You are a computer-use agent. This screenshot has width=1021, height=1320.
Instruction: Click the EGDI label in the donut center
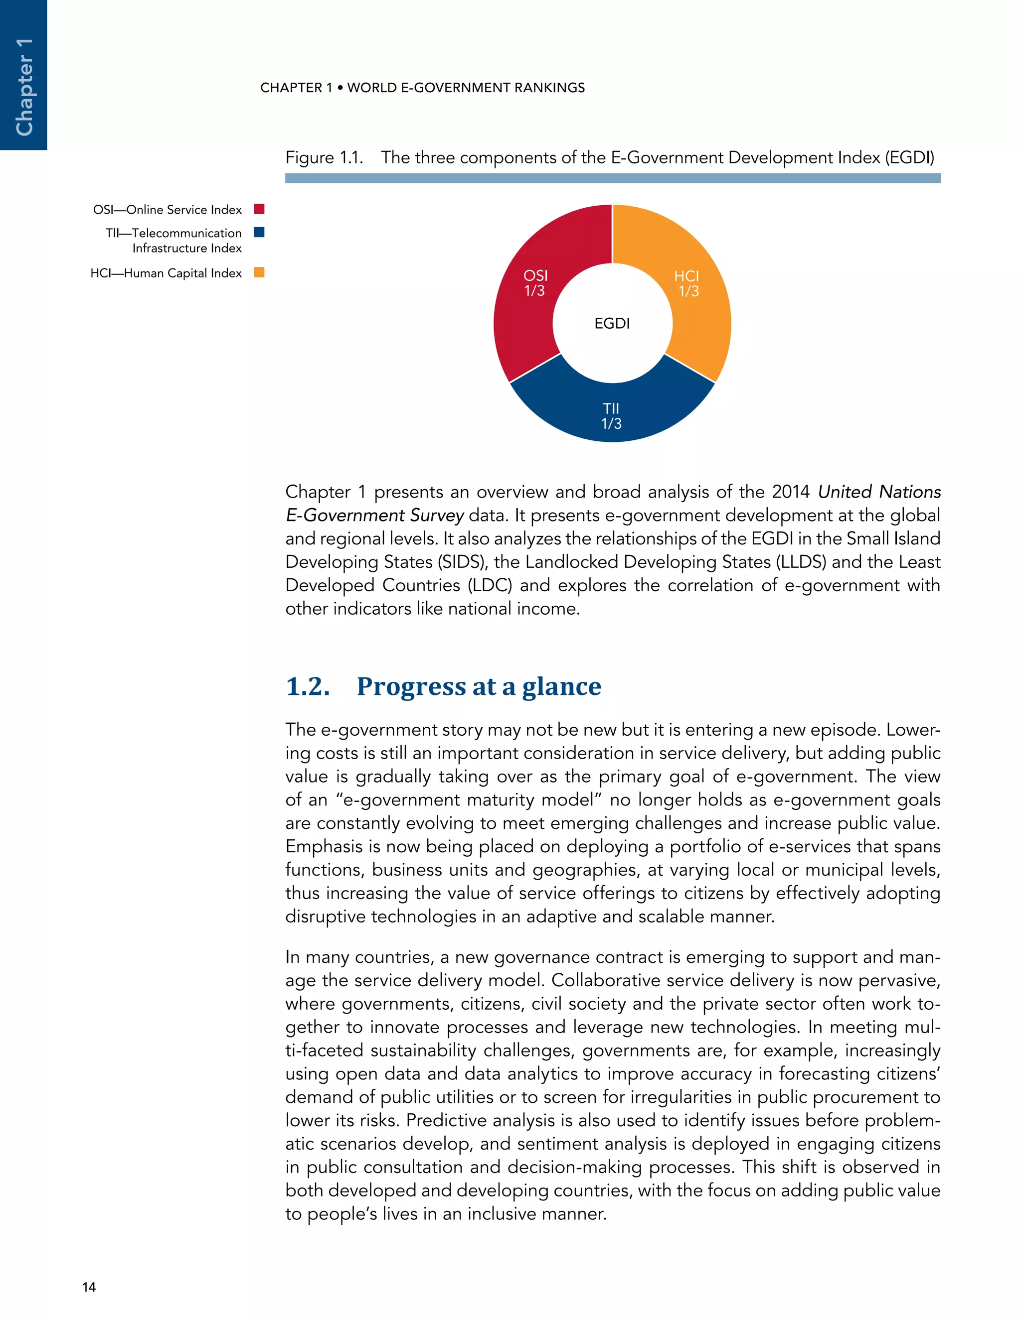tap(612, 323)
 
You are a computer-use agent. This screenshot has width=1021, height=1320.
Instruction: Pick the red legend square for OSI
tap(259, 209)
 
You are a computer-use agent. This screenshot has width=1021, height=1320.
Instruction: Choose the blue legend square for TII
tap(259, 232)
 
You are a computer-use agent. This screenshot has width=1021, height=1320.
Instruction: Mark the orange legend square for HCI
tap(259, 272)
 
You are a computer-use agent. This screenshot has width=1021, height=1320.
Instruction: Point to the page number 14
tap(89, 1287)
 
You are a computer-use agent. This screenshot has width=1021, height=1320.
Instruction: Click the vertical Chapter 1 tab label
tap(23, 87)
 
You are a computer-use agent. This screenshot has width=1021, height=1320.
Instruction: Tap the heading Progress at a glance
tap(479, 686)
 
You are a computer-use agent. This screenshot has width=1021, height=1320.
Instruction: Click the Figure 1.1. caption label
tap(324, 158)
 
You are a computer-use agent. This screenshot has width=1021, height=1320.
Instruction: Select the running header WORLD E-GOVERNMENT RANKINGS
tap(466, 88)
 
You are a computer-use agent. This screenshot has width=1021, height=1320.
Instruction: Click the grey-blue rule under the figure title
tap(612, 178)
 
